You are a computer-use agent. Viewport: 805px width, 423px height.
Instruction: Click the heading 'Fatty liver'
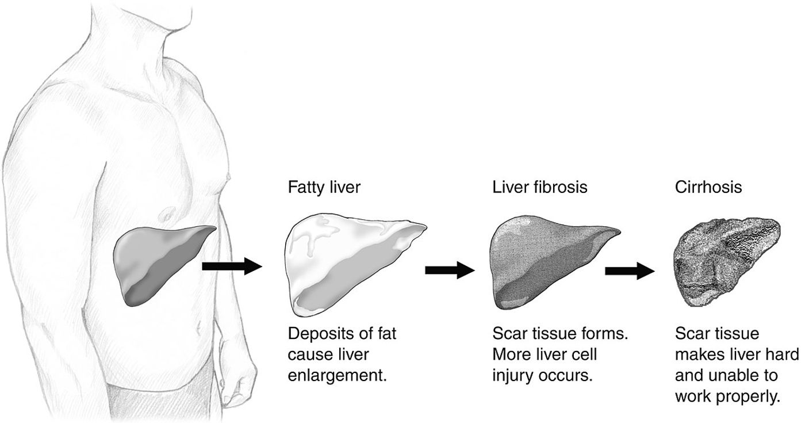pos(324,188)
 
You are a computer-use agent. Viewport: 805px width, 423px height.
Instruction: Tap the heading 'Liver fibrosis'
pos(540,187)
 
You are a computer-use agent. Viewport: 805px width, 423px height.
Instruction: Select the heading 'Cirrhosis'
pos(708,187)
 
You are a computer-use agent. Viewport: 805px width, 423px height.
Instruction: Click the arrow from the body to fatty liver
pos(232,266)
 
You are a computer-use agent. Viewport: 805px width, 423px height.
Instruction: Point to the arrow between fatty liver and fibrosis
pos(450,270)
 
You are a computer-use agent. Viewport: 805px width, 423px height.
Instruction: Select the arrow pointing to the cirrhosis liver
pos(630,271)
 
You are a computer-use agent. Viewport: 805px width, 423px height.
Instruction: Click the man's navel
pos(198,327)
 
